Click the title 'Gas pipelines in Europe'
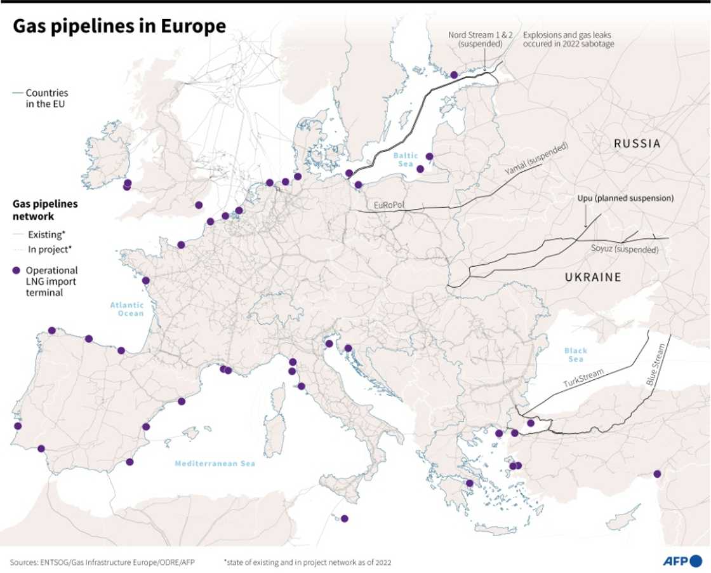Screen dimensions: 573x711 (119, 26)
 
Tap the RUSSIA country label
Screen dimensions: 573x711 (637, 144)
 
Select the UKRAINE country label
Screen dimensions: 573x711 (593, 277)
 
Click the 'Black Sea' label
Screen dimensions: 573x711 (575, 354)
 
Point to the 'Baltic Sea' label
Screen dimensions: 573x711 (406, 159)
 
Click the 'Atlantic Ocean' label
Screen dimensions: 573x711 (126, 309)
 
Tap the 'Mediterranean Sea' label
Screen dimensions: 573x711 (215, 464)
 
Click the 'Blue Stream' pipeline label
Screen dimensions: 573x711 (658, 365)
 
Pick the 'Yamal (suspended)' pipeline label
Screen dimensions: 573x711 (536, 160)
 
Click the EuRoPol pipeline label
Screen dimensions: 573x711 (389, 205)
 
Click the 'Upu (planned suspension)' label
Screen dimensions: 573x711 (625, 198)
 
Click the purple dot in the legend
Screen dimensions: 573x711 (17, 270)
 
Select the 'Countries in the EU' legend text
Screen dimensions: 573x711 (46, 98)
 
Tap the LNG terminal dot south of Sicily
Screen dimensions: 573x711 (345, 518)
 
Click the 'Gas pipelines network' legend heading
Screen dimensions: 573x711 (45, 210)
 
